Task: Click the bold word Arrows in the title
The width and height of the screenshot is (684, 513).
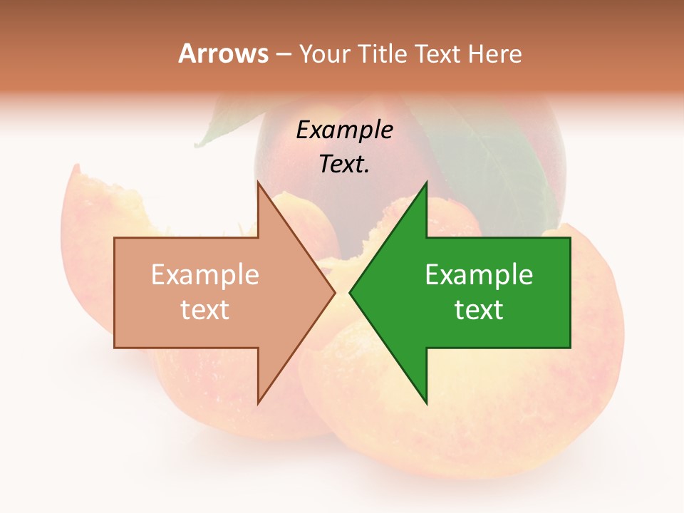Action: (x=223, y=53)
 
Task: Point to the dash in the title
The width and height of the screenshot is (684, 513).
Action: (x=284, y=55)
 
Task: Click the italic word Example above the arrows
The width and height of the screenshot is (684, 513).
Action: (x=345, y=130)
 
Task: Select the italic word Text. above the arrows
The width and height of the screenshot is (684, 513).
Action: (x=344, y=165)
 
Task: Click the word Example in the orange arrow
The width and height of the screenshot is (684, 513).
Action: (x=205, y=275)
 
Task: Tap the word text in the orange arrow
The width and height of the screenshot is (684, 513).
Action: (x=205, y=309)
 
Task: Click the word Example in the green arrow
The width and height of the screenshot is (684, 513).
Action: (x=479, y=275)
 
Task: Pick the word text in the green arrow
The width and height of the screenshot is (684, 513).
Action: (x=479, y=309)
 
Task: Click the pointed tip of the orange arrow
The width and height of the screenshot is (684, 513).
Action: (x=333, y=292)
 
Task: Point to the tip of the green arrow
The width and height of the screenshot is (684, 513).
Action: (x=351, y=292)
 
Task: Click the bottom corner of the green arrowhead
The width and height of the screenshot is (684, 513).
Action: (x=426, y=403)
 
